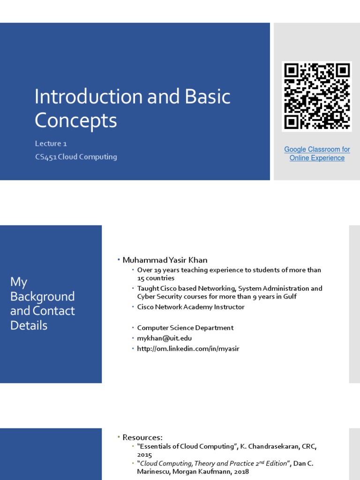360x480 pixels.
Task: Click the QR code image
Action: tap(317, 97)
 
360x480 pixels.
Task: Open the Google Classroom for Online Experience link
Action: tap(317, 154)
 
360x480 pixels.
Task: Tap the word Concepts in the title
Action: tap(75, 120)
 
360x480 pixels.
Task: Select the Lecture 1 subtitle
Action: tap(54, 143)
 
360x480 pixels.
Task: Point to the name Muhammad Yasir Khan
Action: tap(165, 260)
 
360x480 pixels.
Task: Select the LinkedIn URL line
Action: tap(188, 349)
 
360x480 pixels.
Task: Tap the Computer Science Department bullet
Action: tap(185, 328)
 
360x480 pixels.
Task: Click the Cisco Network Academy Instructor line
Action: tap(191, 307)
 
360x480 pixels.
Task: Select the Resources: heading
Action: tap(142, 437)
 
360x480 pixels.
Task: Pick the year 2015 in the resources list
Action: tap(144, 455)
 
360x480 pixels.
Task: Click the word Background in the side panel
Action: tap(42, 297)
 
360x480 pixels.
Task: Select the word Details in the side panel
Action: tap(29, 325)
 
